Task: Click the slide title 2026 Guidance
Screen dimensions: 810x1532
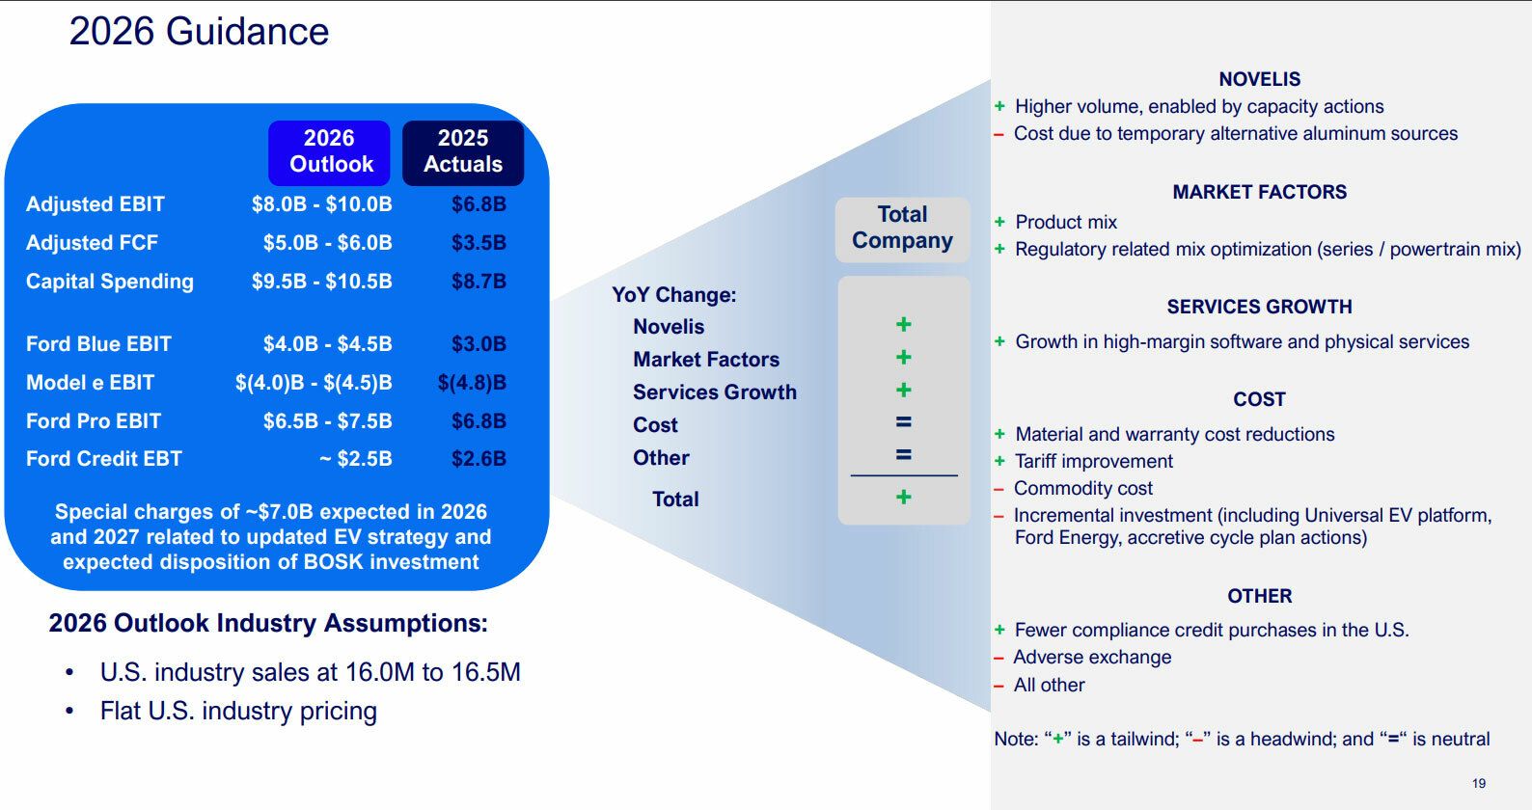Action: point(199,32)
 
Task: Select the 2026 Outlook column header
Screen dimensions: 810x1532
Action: point(329,152)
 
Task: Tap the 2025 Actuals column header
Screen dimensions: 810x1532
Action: point(463,152)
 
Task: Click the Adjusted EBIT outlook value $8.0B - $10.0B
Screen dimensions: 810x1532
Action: point(321,204)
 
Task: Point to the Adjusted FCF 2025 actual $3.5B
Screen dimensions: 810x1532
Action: point(479,243)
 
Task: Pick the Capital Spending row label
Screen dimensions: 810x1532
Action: point(110,282)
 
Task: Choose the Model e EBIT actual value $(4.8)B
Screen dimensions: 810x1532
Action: point(472,383)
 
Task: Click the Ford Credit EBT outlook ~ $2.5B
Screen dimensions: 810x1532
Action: point(355,459)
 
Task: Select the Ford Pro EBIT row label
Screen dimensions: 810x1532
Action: point(94,421)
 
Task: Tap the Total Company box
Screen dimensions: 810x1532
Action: point(902,229)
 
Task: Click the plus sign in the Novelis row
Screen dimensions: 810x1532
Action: point(903,325)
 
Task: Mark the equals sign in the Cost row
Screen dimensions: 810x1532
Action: point(903,422)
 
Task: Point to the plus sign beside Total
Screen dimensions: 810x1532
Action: point(903,498)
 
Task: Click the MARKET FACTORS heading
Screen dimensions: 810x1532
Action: point(1259,192)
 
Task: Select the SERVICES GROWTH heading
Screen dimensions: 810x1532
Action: point(1259,307)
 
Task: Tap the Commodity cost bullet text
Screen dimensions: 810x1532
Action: point(1083,488)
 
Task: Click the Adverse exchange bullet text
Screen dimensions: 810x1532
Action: point(1092,657)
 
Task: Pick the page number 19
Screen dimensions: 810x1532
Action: point(1479,783)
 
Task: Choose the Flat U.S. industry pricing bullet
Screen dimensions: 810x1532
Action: point(238,712)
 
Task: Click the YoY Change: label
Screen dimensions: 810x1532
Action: point(673,295)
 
